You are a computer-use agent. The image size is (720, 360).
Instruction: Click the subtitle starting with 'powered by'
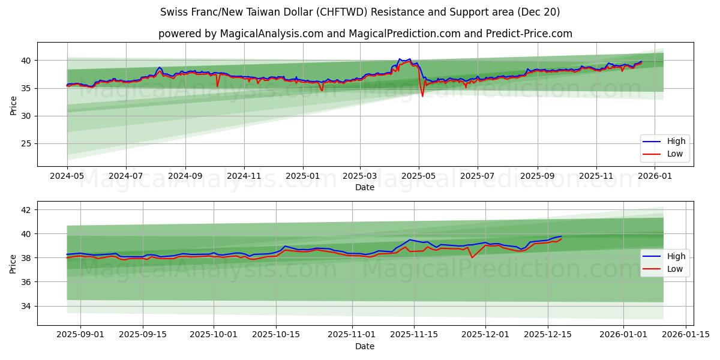tap(365, 34)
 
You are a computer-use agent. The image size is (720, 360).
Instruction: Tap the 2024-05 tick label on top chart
tap(67, 176)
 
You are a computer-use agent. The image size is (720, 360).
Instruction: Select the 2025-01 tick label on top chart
tap(302, 176)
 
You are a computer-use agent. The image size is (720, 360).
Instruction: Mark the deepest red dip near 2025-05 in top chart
tap(422, 96)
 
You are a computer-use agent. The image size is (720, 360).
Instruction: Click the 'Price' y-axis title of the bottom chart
tap(13, 263)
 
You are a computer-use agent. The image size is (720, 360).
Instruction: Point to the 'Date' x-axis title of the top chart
tap(365, 187)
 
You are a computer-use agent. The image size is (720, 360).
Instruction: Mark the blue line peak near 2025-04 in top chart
tap(400, 59)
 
